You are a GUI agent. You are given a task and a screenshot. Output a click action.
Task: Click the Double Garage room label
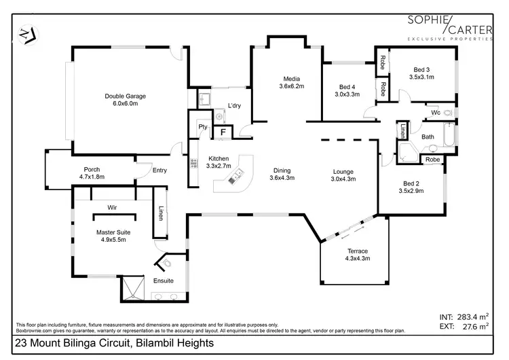125,96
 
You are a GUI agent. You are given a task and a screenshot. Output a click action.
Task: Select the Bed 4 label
347,87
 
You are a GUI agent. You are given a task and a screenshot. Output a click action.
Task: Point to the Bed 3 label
421,69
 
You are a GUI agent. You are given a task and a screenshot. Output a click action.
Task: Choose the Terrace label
357,251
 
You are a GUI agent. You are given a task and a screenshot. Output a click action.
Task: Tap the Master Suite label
113,232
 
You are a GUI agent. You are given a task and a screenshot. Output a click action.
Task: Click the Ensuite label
163,280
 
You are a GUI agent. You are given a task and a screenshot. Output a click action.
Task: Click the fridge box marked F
222,132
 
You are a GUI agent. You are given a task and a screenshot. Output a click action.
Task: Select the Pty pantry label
202,127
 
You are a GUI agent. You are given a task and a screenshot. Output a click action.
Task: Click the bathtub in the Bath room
449,137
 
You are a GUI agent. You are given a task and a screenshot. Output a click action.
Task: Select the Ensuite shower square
133,289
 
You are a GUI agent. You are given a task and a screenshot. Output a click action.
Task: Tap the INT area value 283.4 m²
464,316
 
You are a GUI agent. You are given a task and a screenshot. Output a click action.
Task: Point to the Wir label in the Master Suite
113,206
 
